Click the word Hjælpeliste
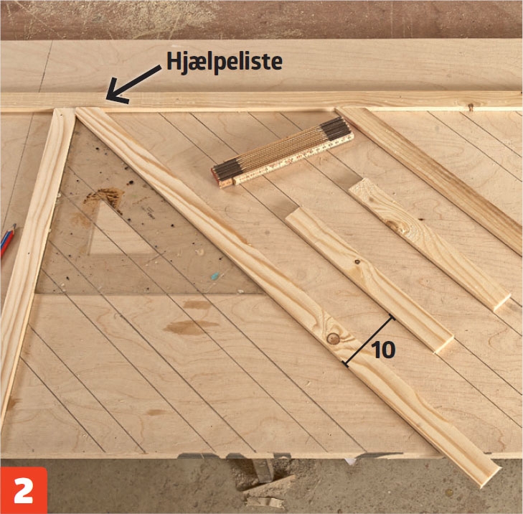click(224, 62)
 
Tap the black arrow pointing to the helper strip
click(132, 83)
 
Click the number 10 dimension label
click(383, 350)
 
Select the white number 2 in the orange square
click(24, 490)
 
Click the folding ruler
click(283, 152)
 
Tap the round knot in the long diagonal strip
click(333, 338)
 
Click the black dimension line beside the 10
click(369, 341)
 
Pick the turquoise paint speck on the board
click(215, 276)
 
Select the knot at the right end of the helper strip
click(471, 107)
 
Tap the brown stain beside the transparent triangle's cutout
click(103, 197)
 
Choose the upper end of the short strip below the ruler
click(297, 215)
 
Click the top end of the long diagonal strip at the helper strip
click(88, 111)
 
